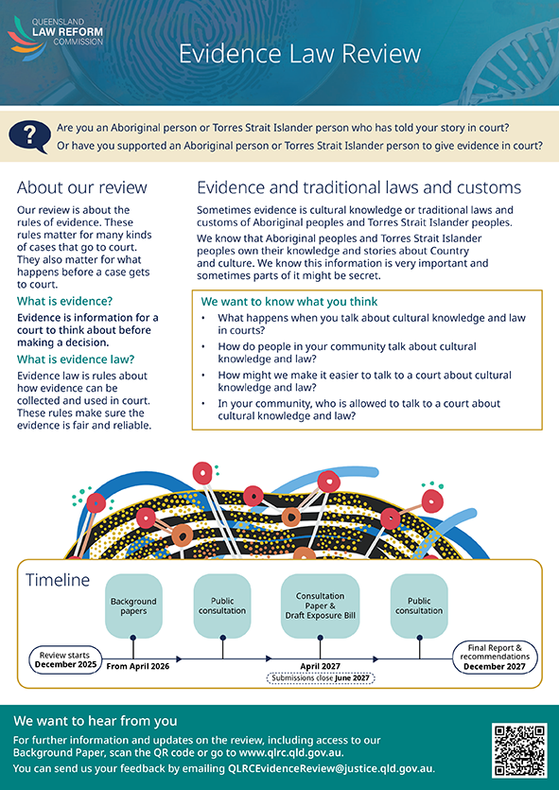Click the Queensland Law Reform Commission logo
55,38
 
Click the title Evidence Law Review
300,54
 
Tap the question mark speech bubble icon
29,136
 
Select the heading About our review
82,187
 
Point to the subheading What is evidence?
65,301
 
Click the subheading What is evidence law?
76,360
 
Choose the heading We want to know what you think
289,302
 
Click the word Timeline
58,580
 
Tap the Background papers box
133,606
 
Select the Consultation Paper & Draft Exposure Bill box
321,606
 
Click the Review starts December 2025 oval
64,659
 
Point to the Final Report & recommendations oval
495,657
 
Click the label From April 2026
138,666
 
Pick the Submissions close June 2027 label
321,678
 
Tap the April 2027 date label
321,666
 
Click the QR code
519,750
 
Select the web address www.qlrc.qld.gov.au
290,753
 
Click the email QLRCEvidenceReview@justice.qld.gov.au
330,768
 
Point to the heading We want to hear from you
96,721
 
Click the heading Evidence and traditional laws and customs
359,187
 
